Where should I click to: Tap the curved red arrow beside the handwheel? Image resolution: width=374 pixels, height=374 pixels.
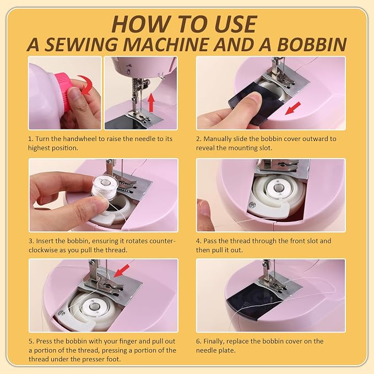click(85, 85)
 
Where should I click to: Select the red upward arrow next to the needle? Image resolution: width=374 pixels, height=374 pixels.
click(151, 102)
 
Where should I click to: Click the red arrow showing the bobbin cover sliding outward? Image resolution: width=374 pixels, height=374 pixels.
click(293, 108)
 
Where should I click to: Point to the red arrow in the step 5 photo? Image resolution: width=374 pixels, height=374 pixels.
click(121, 270)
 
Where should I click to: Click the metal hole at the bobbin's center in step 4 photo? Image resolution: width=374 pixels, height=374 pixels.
click(278, 188)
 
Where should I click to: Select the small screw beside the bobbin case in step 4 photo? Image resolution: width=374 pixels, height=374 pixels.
click(251, 205)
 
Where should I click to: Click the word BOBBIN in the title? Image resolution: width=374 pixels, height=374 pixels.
click(312, 45)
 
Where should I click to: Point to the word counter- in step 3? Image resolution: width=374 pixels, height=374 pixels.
click(162, 241)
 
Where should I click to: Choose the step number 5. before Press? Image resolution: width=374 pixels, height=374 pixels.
click(31, 342)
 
